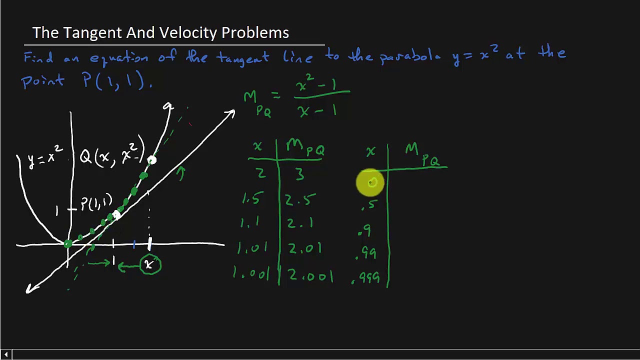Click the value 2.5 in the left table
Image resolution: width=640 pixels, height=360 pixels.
pyautogui.click(x=300, y=200)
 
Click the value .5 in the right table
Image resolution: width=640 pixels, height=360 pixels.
pyautogui.click(x=368, y=205)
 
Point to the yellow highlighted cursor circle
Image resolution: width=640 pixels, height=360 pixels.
pyautogui.click(x=370, y=182)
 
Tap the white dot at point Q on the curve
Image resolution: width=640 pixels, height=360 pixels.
pyautogui.click(x=151, y=160)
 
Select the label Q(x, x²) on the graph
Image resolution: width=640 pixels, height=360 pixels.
pyautogui.click(x=112, y=153)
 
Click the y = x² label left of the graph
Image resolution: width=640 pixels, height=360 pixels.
pyautogui.click(x=45, y=156)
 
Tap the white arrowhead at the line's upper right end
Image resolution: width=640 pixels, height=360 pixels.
pyautogui.click(x=230, y=114)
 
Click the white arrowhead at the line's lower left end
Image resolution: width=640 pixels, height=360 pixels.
pyautogui.click(x=31, y=288)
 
